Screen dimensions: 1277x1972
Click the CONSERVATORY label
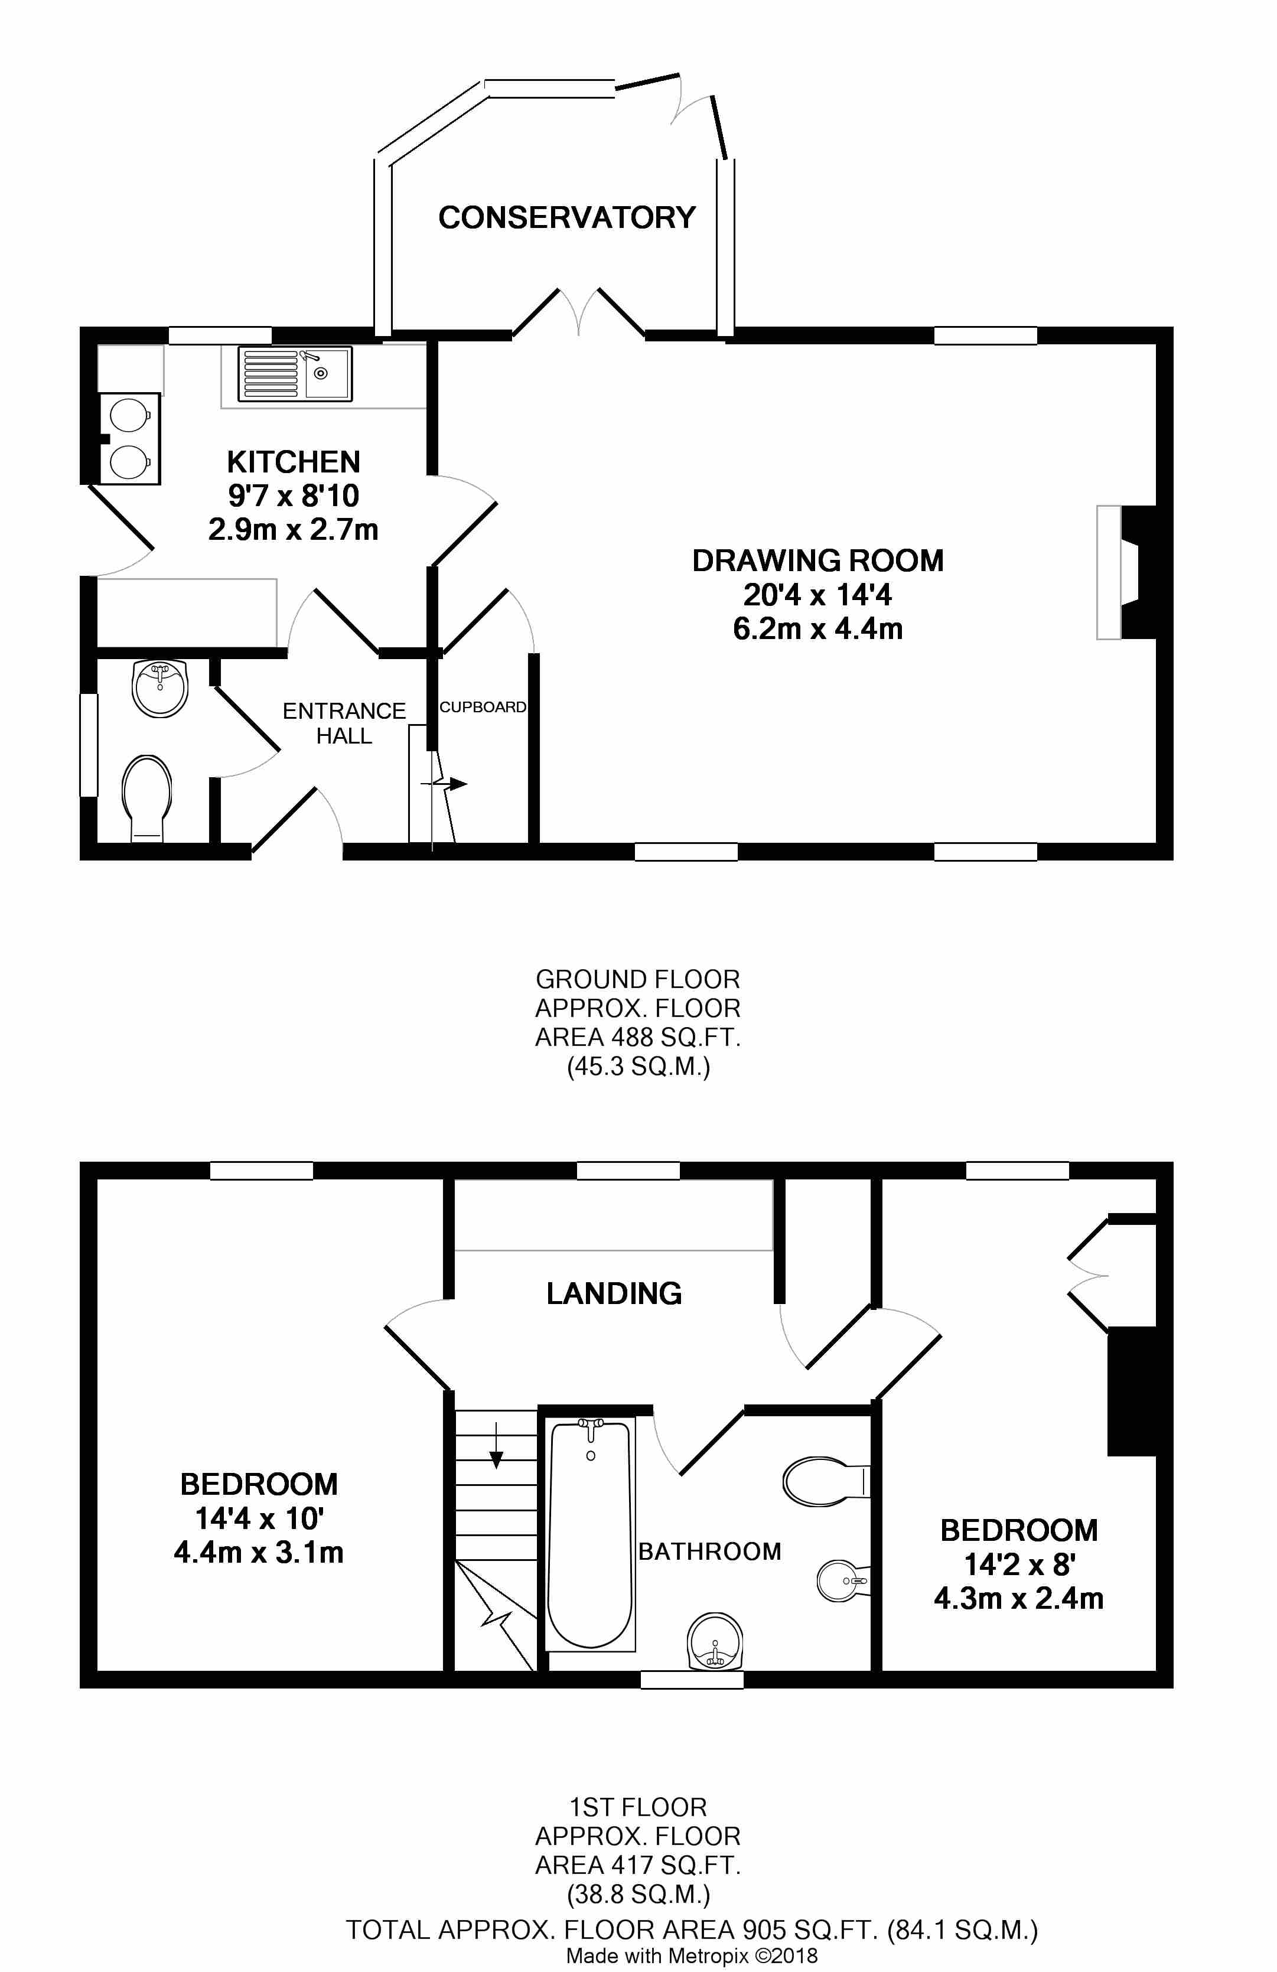pyautogui.click(x=567, y=217)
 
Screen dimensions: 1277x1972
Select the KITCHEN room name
pyautogui.click(x=294, y=461)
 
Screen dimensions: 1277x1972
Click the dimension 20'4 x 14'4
pyautogui.click(x=817, y=595)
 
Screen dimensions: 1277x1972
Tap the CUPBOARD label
pyautogui.click(x=483, y=707)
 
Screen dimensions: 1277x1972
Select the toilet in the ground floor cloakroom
pyautogui.click(x=148, y=798)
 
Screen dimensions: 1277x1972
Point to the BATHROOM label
pyautogui.click(x=709, y=1551)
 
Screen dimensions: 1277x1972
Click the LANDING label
pyautogui.click(x=614, y=1293)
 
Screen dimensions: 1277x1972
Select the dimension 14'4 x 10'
pyautogui.click(x=259, y=1518)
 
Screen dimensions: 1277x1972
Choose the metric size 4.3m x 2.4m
pyautogui.click(x=1018, y=1598)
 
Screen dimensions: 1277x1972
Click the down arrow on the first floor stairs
pyautogui.click(x=496, y=1444)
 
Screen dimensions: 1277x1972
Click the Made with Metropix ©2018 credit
pyautogui.click(x=692, y=1956)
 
